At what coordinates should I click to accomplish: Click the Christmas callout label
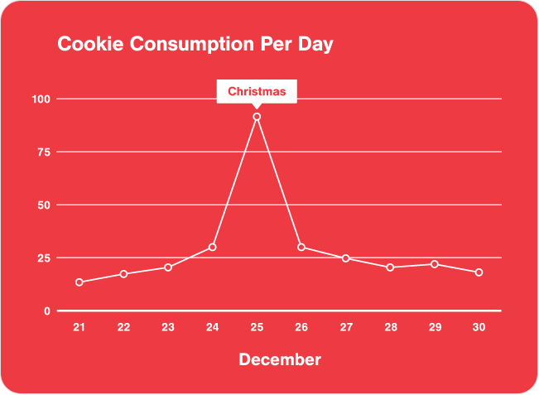point(257,91)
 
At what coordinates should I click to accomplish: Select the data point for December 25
point(257,117)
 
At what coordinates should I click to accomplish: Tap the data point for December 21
point(79,282)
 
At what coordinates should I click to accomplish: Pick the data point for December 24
point(213,247)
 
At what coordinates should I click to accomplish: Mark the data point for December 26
point(301,247)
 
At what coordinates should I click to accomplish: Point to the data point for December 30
point(479,272)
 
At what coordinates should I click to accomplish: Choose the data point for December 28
point(390,267)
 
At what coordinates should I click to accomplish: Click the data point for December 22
point(123,274)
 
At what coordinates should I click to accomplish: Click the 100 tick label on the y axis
point(41,99)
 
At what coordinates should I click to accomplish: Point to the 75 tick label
point(41,152)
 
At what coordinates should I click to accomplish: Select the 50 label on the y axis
point(41,205)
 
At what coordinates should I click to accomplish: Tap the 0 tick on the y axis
point(47,311)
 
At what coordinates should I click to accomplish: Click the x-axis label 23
point(168,328)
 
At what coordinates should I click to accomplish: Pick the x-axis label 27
point(345,328)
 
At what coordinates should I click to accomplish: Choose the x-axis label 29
point(434,328)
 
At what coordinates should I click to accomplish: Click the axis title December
point(280,359)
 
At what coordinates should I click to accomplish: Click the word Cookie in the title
point(84,44)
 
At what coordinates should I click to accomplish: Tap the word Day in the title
point(316,44)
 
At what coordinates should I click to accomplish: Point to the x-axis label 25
point(257,328)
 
